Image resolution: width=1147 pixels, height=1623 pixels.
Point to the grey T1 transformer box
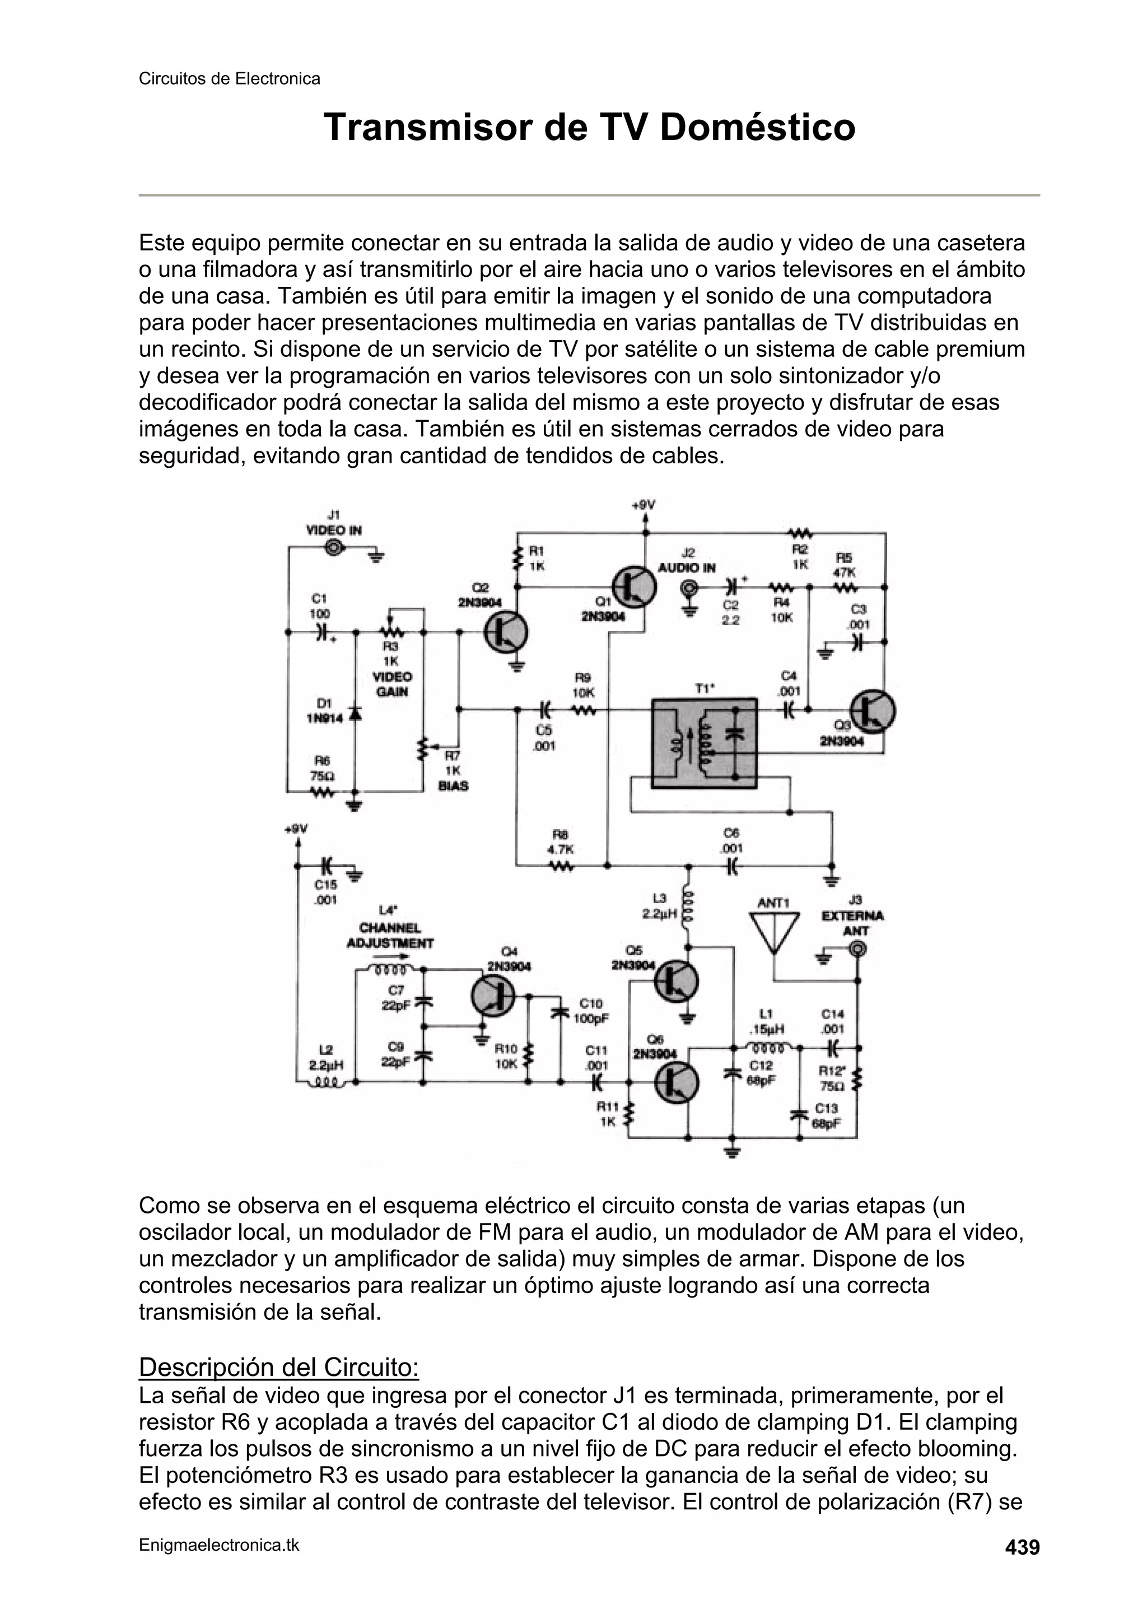704,743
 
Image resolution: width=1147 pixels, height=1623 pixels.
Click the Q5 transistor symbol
677,981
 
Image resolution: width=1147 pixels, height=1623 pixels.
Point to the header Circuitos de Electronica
229,78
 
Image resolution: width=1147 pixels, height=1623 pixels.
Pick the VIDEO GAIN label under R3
391,683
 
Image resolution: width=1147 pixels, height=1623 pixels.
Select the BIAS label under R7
453,786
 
